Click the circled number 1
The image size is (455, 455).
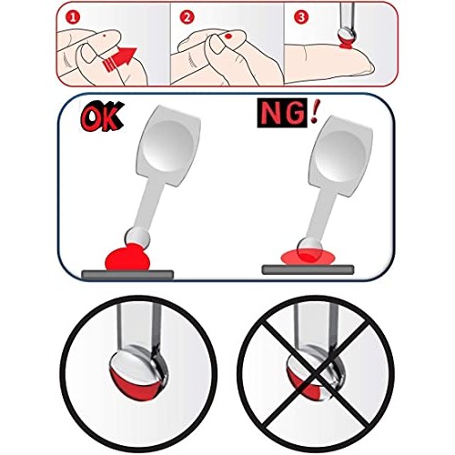73,17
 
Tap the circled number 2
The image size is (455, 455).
187,17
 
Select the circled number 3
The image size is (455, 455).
301,17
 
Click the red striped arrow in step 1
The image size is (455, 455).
119,59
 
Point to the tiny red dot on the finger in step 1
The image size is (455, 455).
105,35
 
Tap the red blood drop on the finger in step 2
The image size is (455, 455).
228,36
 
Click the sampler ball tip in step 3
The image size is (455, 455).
347,35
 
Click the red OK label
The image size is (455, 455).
102,116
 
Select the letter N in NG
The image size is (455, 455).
270,114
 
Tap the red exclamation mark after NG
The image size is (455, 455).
314,113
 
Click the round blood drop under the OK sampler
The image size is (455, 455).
127,258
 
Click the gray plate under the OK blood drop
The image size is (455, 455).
127,274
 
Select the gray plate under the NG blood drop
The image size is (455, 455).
308,269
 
